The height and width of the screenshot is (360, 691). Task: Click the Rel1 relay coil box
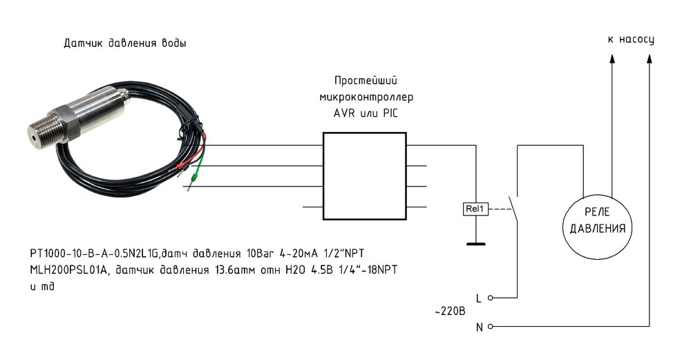[475, 208]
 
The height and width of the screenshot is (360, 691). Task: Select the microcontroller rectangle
[365, 176]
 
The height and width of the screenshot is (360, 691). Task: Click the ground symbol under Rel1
[475, 243]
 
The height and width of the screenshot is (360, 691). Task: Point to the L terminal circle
[491, 299]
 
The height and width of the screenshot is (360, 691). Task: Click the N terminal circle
[491, 326]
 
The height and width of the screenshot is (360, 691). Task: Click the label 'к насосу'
[630, 39]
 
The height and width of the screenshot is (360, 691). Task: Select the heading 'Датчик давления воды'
[124, 44]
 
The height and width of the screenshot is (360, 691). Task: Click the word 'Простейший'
[366, 81]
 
